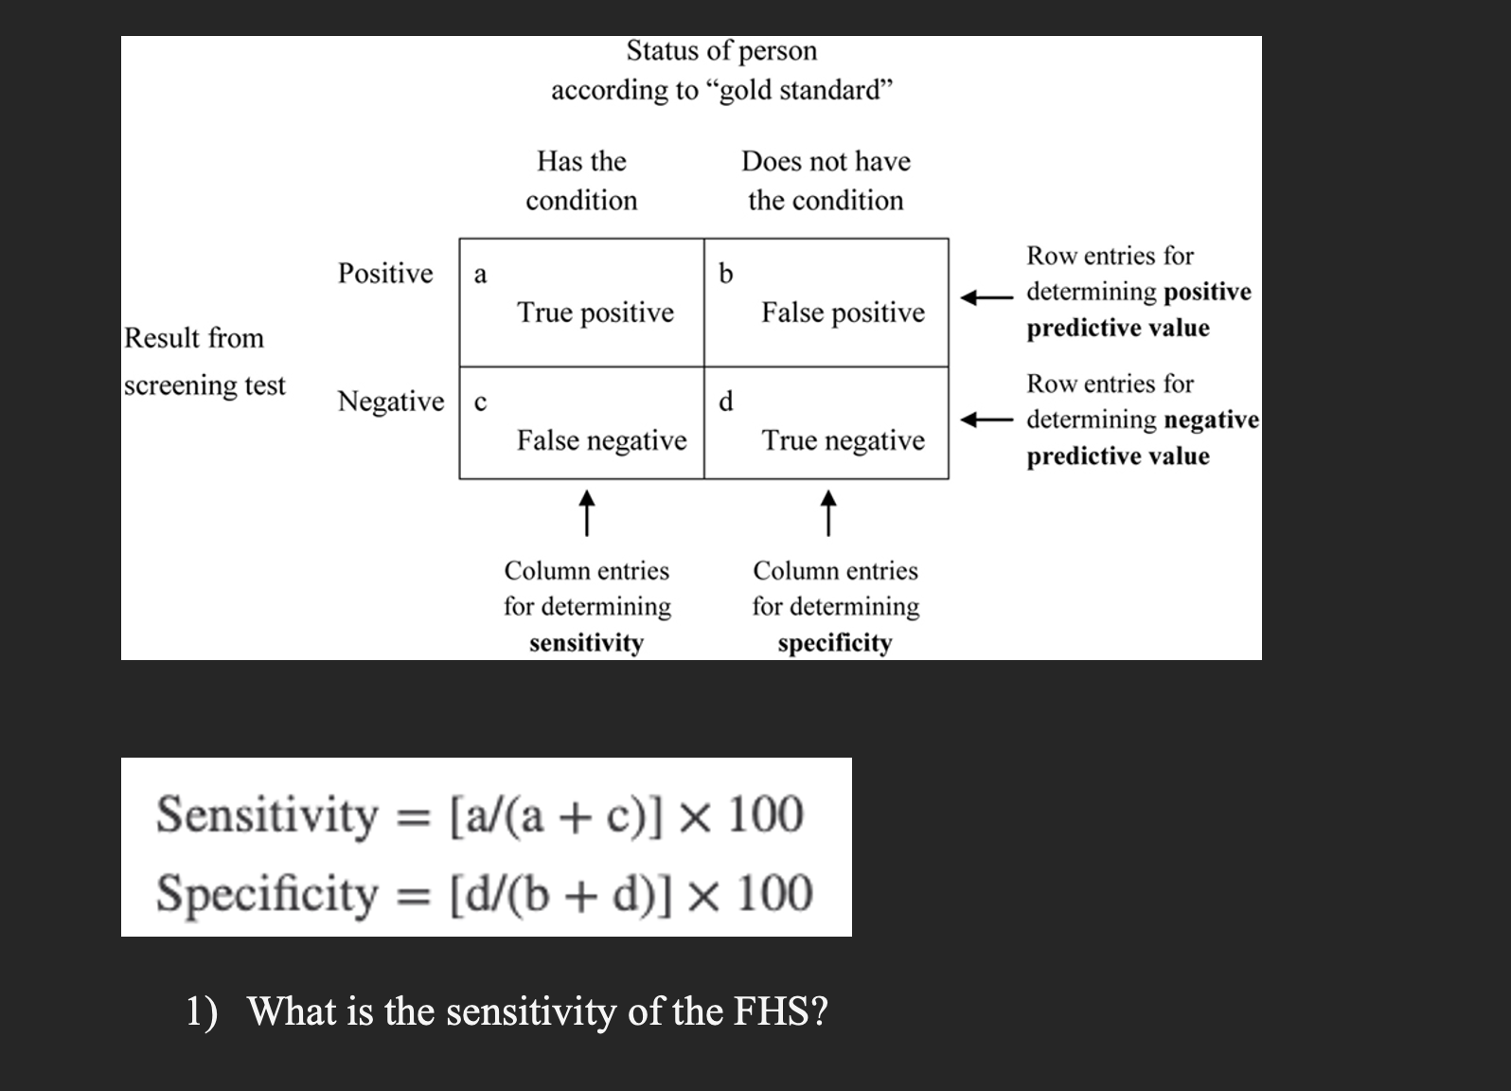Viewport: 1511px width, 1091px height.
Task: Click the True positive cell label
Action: pos(596,313)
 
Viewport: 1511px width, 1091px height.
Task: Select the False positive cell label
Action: pos(843,313)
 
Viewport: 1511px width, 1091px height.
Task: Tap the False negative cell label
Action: pos(601,440)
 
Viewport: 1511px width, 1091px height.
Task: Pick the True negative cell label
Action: pos(843,440)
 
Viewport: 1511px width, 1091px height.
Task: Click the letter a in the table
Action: pos(480,275)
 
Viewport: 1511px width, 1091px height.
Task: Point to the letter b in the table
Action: pos(725,274)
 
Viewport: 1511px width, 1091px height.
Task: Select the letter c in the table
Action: pos(480,402)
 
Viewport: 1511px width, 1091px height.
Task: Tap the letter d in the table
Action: pos(725,402)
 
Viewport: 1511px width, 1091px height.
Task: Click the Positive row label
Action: pos(385,274)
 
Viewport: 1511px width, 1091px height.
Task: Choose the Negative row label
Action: pos(391,402)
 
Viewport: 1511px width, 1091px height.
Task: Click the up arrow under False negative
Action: pos(587,512)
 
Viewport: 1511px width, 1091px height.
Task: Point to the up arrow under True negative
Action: pos(828,512)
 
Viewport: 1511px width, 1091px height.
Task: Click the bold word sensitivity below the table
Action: pos(586,643)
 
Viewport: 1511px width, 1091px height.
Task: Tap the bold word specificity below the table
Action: pos(835,643)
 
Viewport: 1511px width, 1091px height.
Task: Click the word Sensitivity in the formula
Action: pos(267,814)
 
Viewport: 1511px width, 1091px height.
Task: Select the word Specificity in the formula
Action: pos(267,894)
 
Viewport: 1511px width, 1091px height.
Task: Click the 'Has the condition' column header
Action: pos(581,180)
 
